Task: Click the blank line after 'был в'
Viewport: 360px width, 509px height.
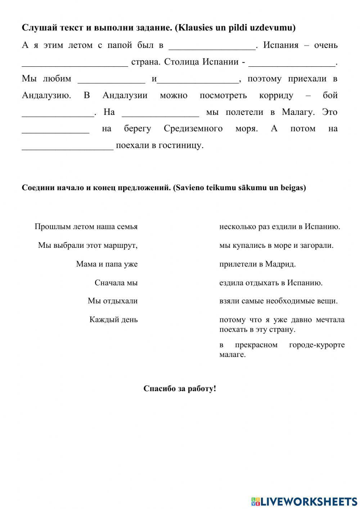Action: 212,46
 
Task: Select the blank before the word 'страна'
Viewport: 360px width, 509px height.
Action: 75,63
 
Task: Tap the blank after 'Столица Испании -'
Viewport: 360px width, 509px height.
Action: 292,63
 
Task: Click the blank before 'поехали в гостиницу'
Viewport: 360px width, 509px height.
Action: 68,146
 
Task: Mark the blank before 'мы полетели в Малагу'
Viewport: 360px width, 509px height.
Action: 160,113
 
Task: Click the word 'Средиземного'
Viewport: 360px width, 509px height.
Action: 193,129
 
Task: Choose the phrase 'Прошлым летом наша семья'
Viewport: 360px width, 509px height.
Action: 86,227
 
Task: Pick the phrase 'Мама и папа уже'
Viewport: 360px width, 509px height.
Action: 107,264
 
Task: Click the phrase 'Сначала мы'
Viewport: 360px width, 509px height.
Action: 116,283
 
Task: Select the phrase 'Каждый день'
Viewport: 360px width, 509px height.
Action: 113,320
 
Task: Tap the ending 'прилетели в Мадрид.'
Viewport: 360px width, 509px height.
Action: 257,264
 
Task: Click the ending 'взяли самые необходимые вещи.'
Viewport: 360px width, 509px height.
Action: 278,301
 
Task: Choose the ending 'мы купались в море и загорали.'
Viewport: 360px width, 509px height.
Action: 276,245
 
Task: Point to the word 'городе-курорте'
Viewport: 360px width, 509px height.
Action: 317,345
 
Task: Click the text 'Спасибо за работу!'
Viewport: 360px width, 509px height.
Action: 180,389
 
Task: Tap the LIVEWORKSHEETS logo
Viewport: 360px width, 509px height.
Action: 304,501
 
